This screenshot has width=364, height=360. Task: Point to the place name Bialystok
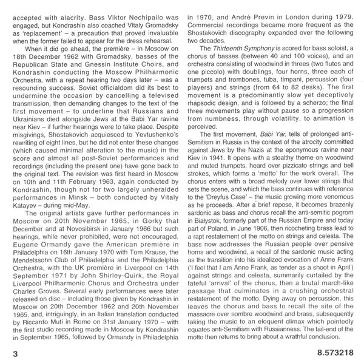tap(209, 240)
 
